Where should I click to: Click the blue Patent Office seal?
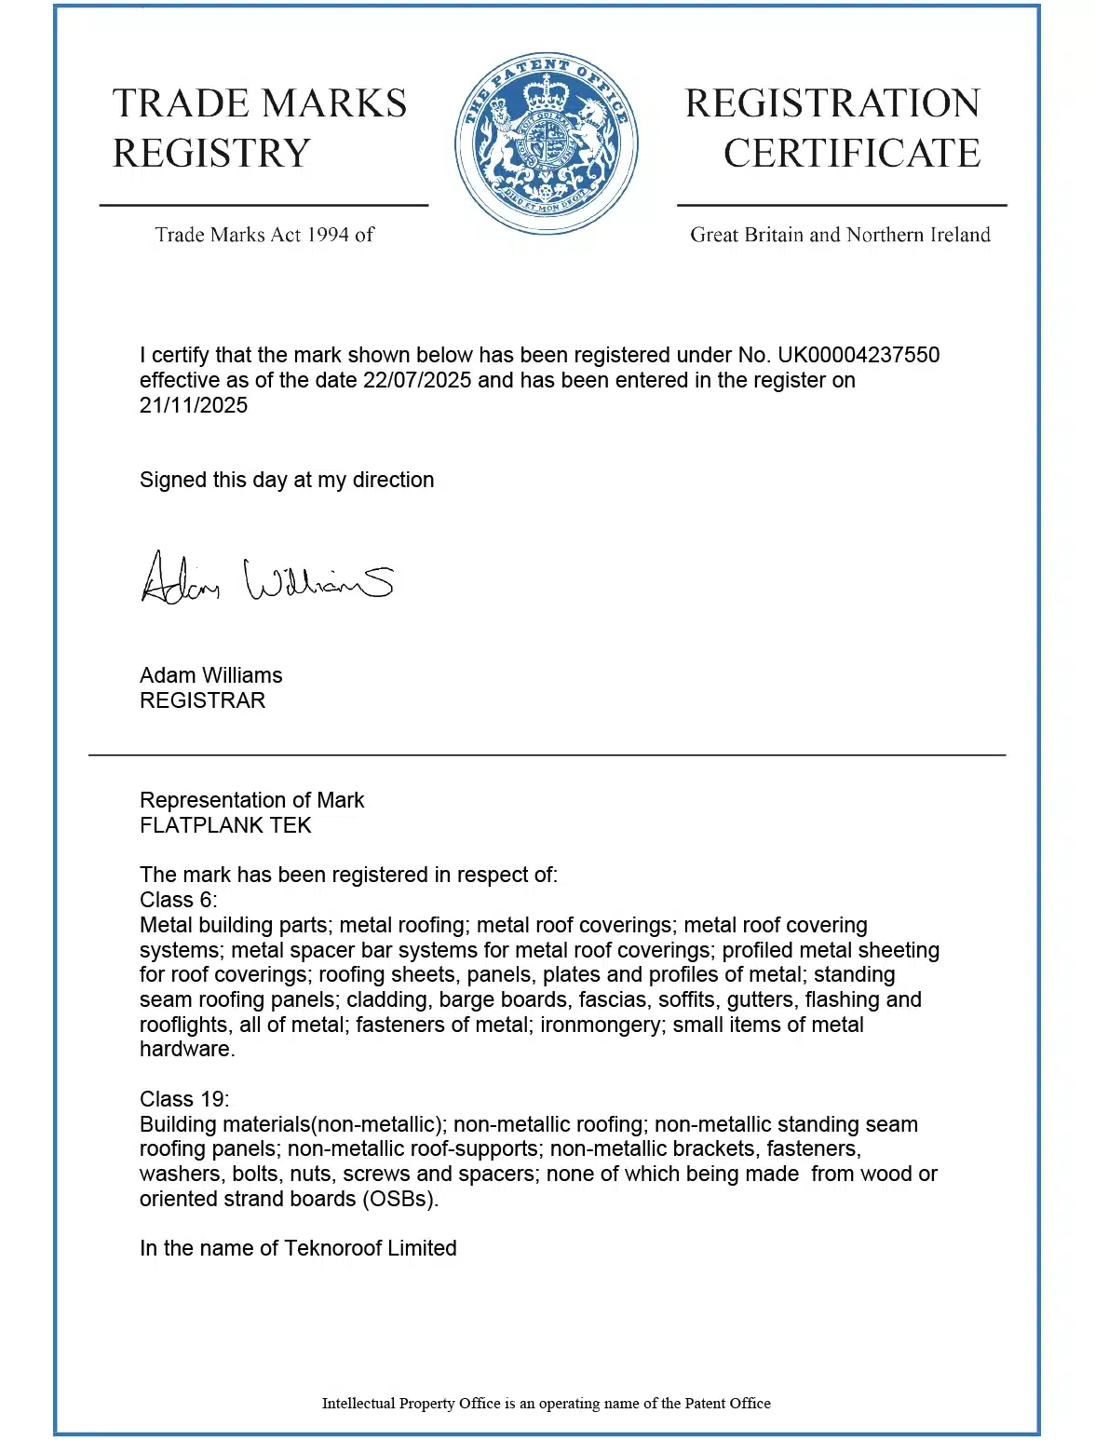547,143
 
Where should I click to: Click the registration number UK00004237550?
858,355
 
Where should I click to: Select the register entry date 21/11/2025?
194,405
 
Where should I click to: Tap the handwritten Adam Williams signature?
266,578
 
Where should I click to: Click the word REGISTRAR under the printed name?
202,700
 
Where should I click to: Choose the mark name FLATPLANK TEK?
225,825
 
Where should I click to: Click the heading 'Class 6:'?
178,900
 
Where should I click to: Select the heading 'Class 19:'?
184,1099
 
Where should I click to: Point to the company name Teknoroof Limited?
370,1248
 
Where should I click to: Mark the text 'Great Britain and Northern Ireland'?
840,235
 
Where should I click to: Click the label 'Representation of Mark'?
251,800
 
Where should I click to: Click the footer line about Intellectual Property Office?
547,1403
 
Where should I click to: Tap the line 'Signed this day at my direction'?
287,480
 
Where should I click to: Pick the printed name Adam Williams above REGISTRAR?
210,675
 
